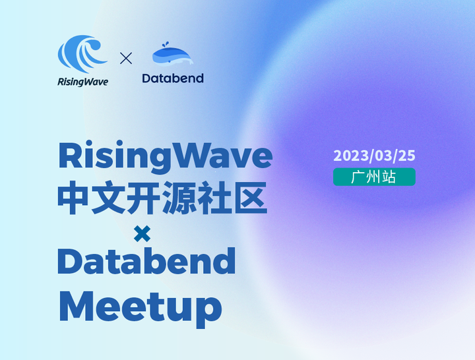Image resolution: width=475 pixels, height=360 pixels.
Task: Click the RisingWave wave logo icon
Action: click(x=82, y=55)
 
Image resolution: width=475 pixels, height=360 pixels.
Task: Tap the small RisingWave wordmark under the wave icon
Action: click(x=82, y=82)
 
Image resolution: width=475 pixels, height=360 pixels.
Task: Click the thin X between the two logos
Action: click(x=126, y=58)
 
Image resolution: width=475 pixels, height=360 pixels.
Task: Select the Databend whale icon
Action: click(x=173, y=56)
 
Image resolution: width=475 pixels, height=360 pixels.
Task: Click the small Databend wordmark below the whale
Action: click(x=173, y=78)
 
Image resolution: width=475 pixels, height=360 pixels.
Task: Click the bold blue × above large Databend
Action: click(x=142, y=233)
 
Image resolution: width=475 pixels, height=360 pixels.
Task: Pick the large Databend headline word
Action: click(x=146, y=262)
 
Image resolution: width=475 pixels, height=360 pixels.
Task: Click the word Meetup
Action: click(x=140, y=305)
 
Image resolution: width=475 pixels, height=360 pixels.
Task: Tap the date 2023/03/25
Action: click(x=374, y=156)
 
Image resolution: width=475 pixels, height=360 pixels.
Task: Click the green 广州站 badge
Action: click(x=374, y=177)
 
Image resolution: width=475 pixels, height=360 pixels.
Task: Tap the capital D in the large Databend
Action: click(x=71, y=262)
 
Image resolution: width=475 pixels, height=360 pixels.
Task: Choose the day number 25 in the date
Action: click(x=407, y=156)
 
